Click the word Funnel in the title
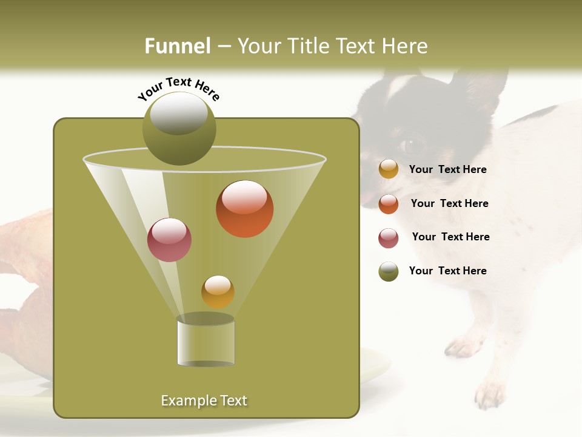tap(177, 46)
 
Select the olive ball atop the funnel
tap(179, 129)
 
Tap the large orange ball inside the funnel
tap(245, 209)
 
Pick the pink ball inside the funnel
tap(170, 240)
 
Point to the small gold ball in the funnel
tap(218, 291)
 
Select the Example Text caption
tap(204, 401)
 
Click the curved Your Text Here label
tap(179, 88)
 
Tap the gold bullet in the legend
tap(389, 169)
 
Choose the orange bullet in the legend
tap(389, 204)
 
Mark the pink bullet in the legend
tap(389, 238)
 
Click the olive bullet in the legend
tap(389, 271)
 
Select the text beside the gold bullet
tap(447, 169)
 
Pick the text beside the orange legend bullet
tap(449, 203)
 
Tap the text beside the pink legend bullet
tap(450, 237)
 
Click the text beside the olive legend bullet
tap(447, 271)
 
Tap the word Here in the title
tap(406, 46)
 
